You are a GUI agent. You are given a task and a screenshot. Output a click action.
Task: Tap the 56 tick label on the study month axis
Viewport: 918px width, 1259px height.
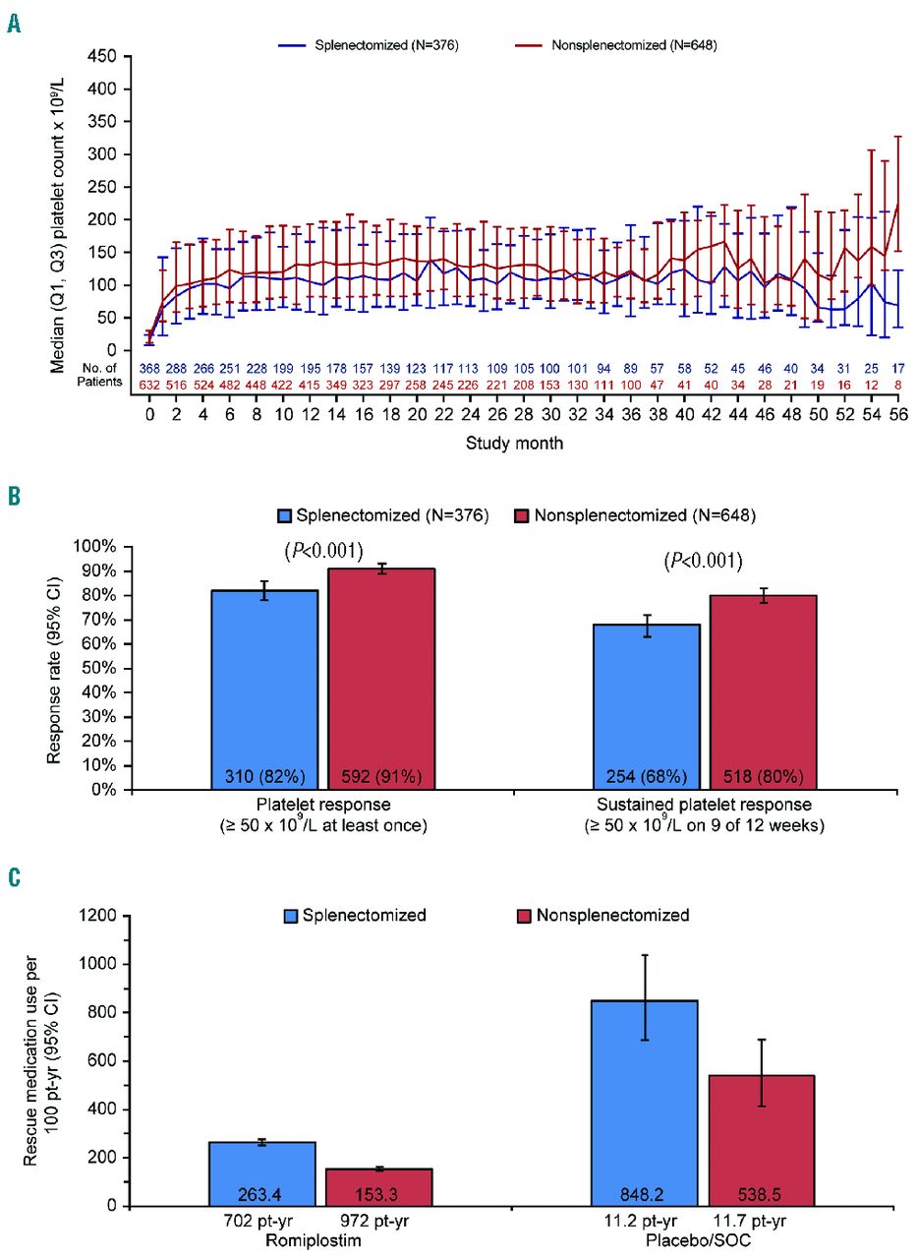pos(897,416)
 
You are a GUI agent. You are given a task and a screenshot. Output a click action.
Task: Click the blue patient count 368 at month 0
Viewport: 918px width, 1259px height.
pos(149,368)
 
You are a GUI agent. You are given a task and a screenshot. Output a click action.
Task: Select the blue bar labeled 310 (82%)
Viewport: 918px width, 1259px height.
pos(265,689)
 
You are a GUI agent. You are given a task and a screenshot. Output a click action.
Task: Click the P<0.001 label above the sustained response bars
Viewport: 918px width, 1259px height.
pos(703,561)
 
